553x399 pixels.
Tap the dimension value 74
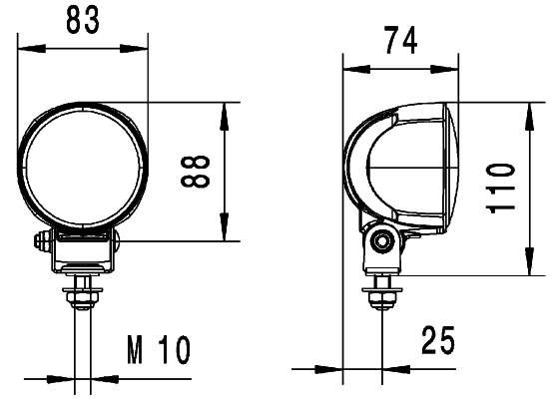point(399,43)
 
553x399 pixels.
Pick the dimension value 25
point(435,341)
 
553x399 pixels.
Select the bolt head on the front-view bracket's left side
point(42,242)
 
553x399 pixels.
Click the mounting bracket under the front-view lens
point(84,249)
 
